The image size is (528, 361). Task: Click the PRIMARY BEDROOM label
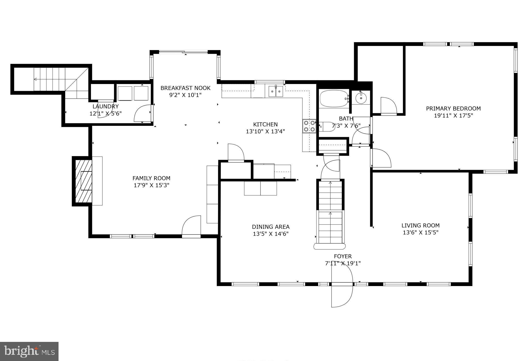point(453,109)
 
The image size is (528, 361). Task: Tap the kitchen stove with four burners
point(309,126)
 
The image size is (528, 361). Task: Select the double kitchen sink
point(276,91)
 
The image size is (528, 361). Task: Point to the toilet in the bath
point(327,127)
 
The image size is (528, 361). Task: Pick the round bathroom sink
point(361,98)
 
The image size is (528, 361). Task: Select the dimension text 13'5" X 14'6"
point(270,234)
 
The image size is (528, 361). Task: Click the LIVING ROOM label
point(420,225)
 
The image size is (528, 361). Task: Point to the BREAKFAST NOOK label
point(185,88)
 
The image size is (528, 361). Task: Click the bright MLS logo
point(29,351)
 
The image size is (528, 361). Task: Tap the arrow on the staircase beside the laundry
point(35,79)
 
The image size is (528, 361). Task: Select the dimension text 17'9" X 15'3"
point(151,185)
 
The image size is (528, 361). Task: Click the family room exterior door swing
point(191,226)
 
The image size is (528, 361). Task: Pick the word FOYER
point(343,256)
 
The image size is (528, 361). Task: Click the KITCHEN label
point(265,124)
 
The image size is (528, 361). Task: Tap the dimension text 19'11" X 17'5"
point(453,116)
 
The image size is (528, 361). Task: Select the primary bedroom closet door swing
point(389,106)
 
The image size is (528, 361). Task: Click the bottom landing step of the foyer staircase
point(329,246)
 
